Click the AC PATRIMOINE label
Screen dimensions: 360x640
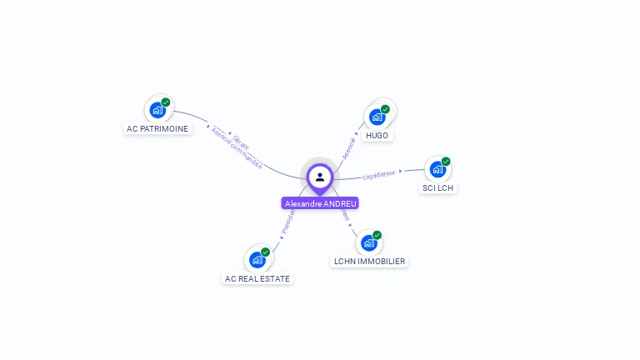tap(157, 128)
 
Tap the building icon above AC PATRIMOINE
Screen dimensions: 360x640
tap(157, 109)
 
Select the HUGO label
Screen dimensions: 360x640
tap(377, 135)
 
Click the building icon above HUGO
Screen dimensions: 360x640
tap(377, 117)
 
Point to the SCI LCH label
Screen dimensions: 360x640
tap(438, 187)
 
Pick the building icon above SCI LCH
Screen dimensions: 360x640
tap(437, 169)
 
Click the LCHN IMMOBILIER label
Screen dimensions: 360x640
tap(369, 261)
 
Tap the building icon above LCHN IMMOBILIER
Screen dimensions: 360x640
tap(368, 242)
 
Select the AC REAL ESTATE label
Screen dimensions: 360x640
tap(258, 278)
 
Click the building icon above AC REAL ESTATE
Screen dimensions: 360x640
tap(257, 259)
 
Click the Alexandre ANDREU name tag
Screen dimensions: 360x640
tap(320, 203)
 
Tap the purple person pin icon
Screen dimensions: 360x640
tap(320, 177)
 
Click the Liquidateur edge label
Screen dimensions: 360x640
tap(380, 174)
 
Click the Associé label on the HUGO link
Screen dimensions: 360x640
tap(349, 147)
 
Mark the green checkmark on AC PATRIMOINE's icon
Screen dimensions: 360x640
tap(166, 102)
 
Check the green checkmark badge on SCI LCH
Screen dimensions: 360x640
tap(446, 162)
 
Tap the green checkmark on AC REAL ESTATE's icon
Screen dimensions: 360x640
tap(266, 252)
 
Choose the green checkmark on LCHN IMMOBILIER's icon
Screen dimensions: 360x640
tap(377, 235)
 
